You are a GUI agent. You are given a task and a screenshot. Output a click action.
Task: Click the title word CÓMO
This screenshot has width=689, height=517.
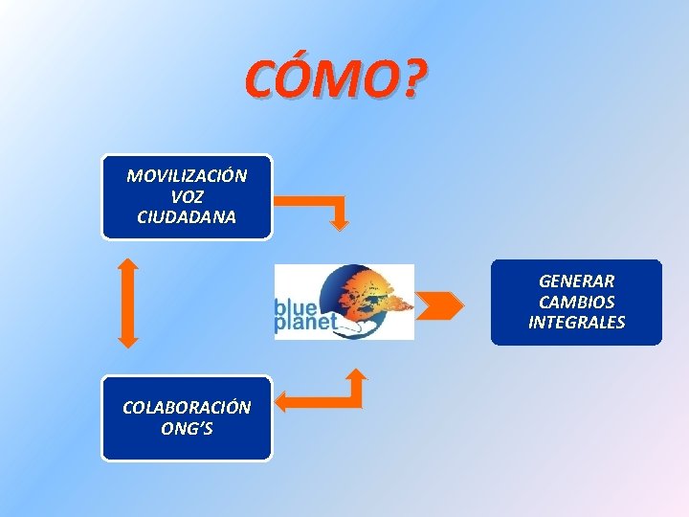point(321,81)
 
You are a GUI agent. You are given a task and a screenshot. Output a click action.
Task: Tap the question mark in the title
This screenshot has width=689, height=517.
point(409,81)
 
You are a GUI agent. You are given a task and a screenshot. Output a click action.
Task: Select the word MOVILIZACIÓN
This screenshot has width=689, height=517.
point(187,176)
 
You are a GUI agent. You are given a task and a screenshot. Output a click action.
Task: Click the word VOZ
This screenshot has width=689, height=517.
point(187,196)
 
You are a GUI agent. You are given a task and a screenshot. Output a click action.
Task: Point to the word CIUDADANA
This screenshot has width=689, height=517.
point(187,216)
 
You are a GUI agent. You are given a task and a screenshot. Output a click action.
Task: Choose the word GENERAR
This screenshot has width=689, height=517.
point(576,281)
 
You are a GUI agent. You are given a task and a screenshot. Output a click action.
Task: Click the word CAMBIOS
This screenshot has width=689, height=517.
point(576,302)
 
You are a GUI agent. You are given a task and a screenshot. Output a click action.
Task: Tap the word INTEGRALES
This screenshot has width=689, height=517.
point(576,322)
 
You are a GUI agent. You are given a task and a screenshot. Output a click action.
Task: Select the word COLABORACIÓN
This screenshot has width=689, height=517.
point(187,407)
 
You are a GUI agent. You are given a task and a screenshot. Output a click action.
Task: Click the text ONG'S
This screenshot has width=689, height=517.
point(187,428)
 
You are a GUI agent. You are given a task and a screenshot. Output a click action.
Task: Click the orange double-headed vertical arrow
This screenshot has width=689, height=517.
point(128,302)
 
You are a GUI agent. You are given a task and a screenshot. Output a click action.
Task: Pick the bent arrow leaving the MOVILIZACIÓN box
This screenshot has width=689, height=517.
point(316,201)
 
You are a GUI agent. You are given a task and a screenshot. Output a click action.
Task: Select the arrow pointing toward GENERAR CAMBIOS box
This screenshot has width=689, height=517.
point(440,304)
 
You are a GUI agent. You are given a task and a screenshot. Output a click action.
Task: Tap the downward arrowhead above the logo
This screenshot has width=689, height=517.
point(340,224)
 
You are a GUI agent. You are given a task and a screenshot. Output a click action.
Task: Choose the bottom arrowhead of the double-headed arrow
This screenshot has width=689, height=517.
point(128,339)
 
